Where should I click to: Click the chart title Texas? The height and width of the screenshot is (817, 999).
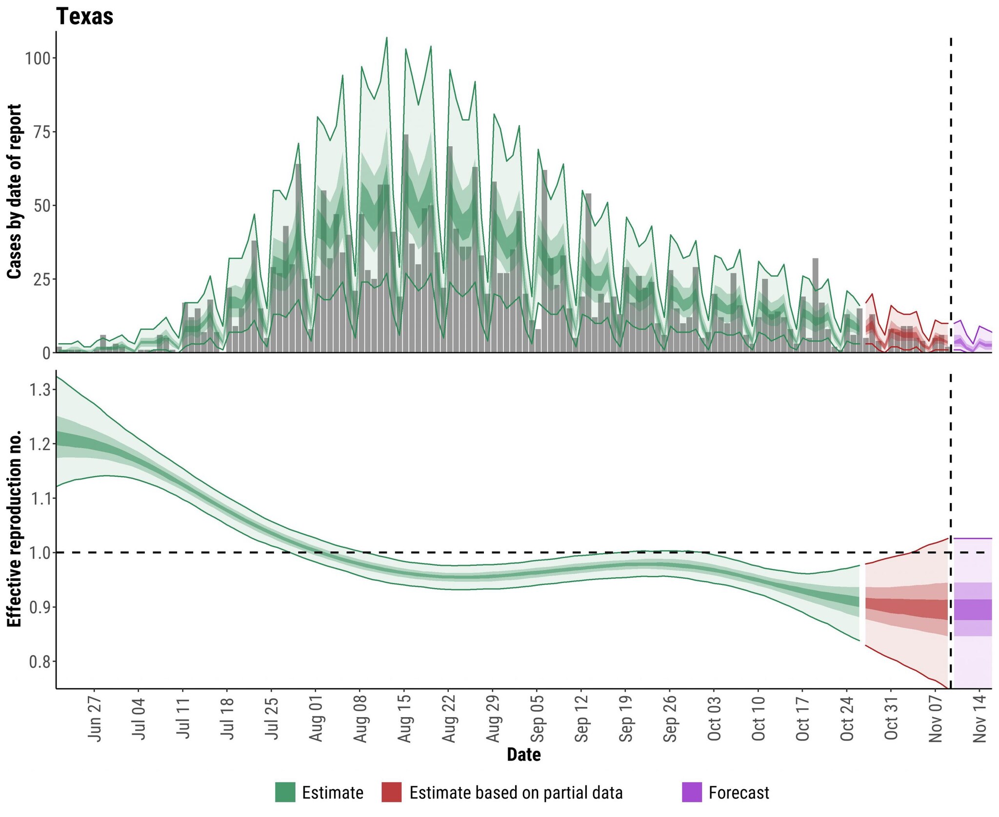[x=85, y=17]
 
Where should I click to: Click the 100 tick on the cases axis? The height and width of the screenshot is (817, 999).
[x=38, y=59]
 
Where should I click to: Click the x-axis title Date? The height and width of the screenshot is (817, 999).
[x=523, y=755]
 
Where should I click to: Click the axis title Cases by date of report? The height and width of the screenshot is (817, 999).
[x=15, y=191]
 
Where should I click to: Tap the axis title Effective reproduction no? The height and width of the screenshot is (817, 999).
[x=15, y=528]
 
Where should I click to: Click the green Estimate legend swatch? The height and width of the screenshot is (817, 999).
[x=285, y=793]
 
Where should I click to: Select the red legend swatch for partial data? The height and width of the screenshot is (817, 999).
[x=392, y=793]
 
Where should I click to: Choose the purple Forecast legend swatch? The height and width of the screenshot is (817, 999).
[x=692, y=793]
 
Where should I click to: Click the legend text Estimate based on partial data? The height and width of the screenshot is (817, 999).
[x=516, y=793]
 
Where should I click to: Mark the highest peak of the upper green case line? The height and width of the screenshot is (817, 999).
[x=387, y=38]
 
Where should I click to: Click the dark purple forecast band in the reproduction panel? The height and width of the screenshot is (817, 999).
[x=973, y=609]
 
